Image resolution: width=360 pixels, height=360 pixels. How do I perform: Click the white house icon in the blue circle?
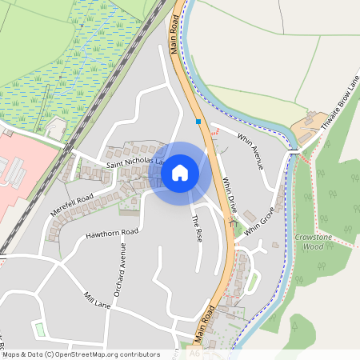(180, 172)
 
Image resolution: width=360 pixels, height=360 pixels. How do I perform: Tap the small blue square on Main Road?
(198, 122)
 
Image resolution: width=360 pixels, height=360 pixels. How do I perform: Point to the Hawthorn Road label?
(113, 234)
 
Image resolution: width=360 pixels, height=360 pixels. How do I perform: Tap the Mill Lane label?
(97, 300)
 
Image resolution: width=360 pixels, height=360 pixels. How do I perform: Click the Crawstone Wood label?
(308, 242)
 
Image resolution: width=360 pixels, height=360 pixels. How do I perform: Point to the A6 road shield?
(194, 352)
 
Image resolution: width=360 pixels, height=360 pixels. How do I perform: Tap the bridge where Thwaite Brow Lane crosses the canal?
(294, 150)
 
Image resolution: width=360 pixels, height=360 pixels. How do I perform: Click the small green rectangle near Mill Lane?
(38, 329)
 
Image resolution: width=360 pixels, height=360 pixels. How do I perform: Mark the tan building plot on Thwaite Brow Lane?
(307, 124)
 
